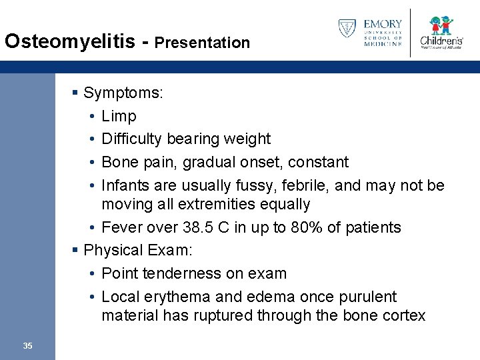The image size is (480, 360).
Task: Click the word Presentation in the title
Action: tap(202, 43)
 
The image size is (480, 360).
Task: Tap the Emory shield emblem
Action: tap(347, 28)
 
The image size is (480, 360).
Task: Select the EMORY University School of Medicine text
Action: tap(383, 32)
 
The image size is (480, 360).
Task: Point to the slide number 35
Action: tap(27, 345)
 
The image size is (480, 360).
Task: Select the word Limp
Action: tap(119, 116)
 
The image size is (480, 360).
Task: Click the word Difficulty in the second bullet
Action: tap(132, 139)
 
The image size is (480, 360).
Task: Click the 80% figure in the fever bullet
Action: tap(306, 227)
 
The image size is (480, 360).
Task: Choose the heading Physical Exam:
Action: tap(137, 250)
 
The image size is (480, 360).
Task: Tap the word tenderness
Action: tap(178, 273)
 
